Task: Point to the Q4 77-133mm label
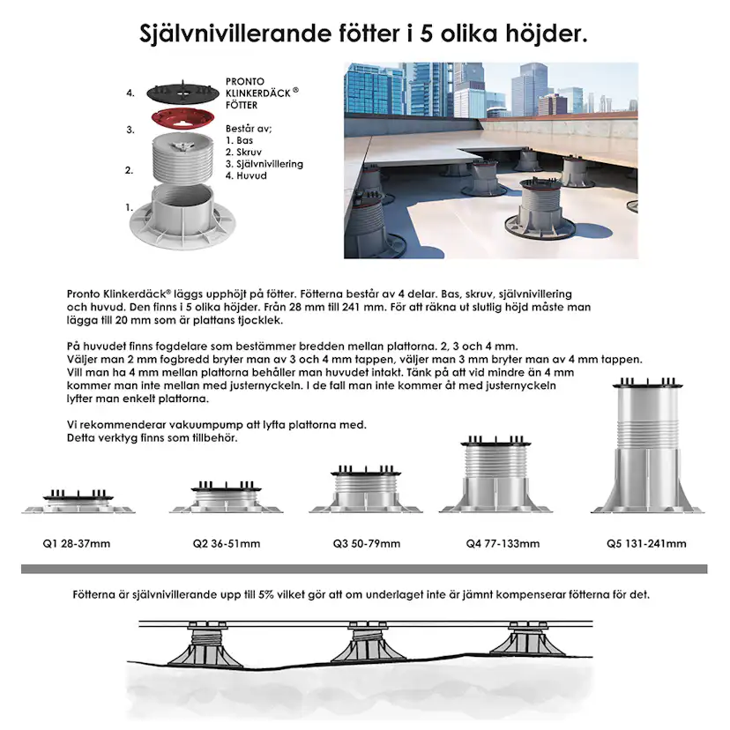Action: pos(503,543)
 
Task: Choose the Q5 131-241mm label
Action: pos(645,543)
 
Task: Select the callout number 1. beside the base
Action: pos(130,207)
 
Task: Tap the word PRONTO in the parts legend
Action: pos(245,82)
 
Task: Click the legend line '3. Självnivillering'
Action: pos(264,164)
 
